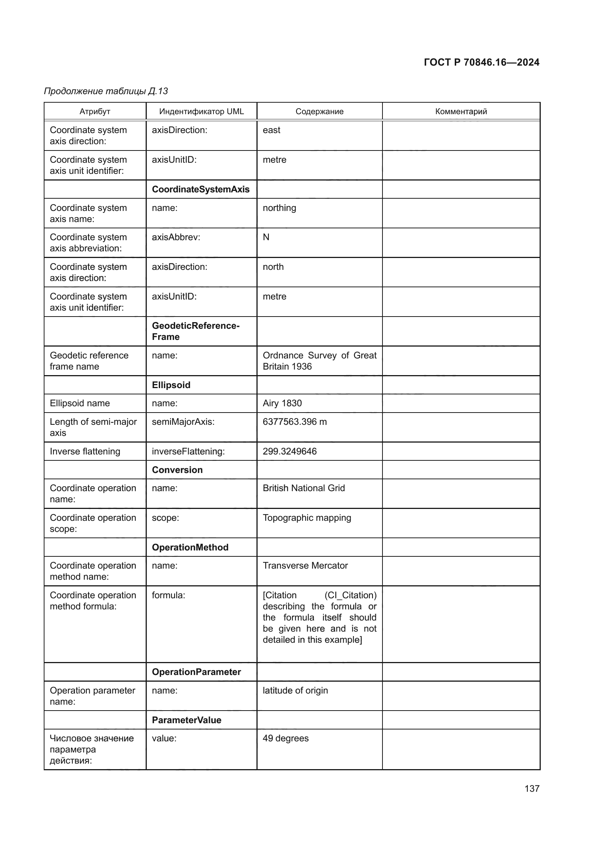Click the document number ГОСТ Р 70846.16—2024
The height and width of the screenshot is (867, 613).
click(481, 62)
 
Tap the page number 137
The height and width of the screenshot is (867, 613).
click(531, 788)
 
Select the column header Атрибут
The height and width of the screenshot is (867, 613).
click(95, 112)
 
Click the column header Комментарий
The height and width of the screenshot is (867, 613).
click(461, 112)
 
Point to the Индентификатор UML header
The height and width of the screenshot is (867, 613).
click(201, 112)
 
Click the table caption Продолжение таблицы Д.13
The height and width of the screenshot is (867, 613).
click(106, 91)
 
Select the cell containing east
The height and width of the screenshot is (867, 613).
click(271, 130)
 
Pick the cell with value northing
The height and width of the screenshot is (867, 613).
click(279, 208)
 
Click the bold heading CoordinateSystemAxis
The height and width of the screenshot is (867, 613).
click(201, 189)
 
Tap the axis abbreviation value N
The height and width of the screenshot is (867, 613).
click(266, 237)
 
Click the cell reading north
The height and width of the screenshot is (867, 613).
click(273, 267)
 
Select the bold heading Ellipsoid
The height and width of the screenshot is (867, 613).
click(171, 385)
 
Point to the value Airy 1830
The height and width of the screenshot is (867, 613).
click(282, 403)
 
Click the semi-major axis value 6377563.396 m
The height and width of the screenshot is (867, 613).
click(294, 422)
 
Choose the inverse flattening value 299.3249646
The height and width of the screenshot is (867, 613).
click(289, 451)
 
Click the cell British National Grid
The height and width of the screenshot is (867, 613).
click(304, 488)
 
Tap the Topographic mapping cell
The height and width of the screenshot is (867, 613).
click(306, 518)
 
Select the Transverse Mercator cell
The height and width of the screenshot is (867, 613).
click(305, 566)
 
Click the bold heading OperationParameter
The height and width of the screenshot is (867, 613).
click(196, 672)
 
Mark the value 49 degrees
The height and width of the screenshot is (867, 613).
click(285, 738)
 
